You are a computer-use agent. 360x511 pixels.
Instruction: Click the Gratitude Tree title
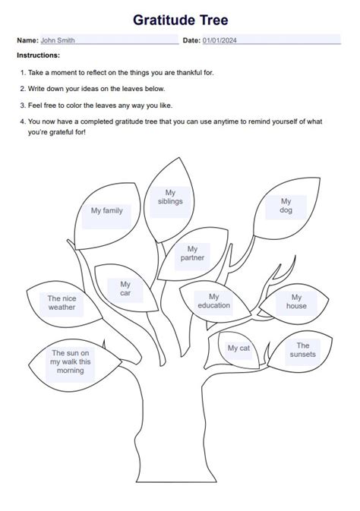[x=180, y=20]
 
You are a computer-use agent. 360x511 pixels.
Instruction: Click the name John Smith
[x=58, y=39]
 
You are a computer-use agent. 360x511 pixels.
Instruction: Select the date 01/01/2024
[x=219, y=39]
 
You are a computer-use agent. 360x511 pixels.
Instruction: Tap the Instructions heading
[x=38, y=55]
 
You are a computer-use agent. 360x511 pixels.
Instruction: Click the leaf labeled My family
[x=107, y=211]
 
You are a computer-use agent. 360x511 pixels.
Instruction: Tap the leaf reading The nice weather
[x=62, y=303]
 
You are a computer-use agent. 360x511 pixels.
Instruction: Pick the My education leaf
[x=214, y=301]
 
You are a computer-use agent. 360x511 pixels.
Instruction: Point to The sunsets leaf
[x=303, y=350]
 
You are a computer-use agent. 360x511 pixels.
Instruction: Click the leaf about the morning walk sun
[x=70, y=361]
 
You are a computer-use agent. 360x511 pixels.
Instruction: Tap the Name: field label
[x=27, y=39]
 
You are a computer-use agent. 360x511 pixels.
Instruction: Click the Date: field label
[x=191, y=39]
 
